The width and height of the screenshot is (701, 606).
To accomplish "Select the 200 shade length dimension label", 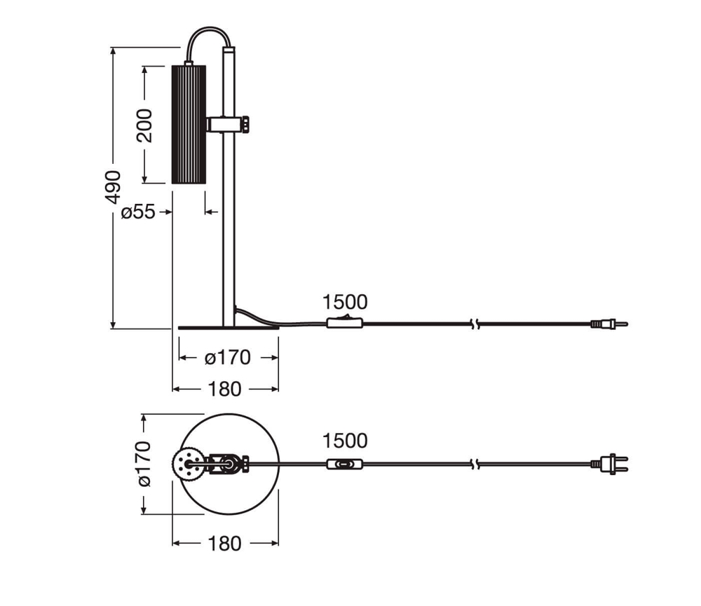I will [144, 125].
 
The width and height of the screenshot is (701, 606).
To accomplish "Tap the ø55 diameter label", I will [138, 212].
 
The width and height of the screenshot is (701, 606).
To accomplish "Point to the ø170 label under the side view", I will [228, 357].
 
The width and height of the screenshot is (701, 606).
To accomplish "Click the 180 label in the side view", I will [224, 389].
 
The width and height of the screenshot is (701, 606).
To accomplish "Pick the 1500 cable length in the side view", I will [345, 302].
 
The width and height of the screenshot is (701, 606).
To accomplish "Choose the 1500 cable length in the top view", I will [345, 441].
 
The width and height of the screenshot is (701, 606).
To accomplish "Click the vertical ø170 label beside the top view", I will [144, 463].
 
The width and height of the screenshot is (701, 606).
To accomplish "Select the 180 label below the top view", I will [224, 543].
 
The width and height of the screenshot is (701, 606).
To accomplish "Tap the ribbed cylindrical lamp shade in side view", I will [188, 124].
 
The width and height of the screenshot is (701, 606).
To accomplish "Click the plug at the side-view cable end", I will [608, 324].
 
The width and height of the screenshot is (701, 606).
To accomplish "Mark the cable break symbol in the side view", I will [476, 324].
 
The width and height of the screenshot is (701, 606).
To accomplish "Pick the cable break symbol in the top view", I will [476, 464].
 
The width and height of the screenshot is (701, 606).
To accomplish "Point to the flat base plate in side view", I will [228, 326].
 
